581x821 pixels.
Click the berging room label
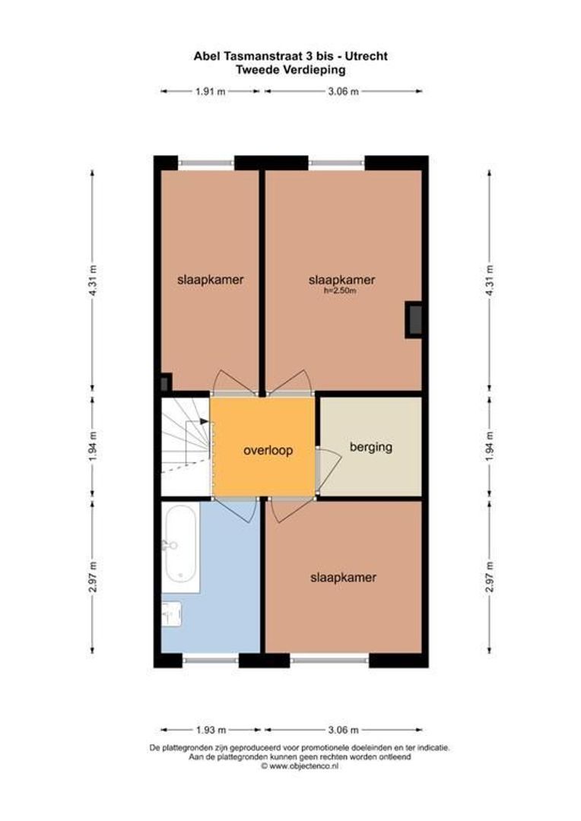370,447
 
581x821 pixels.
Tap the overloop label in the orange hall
268,450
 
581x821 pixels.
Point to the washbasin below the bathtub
172,613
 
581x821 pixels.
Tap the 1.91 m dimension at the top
211,91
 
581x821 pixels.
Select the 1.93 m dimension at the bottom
211,731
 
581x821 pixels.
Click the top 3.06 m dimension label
343,91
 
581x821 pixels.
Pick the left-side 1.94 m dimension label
94,447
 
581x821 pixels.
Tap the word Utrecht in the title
369,55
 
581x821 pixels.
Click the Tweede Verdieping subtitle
290,69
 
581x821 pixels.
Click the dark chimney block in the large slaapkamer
414,319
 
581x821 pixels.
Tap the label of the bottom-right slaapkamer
343,578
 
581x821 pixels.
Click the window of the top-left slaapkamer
206,162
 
